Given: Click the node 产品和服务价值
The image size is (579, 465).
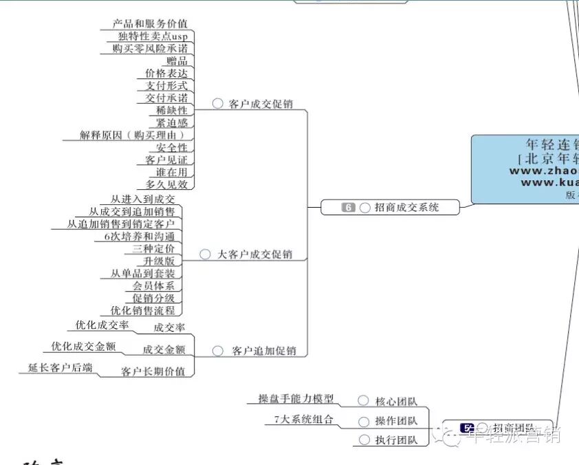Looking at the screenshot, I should tap(150, 24).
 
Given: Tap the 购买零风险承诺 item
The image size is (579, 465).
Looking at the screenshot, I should tap(150, 49).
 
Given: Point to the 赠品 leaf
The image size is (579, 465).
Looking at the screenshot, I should tap(177, 61).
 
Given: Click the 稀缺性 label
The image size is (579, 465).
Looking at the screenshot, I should tap(172, 110).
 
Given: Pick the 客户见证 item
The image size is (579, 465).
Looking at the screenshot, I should tap(166, 160).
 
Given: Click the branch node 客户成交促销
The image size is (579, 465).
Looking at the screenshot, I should tap(261, 104).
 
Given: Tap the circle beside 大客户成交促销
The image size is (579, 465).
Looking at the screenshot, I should tap(205, 255).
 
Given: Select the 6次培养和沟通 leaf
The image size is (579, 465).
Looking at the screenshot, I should tap(139, 237).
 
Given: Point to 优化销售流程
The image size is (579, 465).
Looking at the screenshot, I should tap(142, 310).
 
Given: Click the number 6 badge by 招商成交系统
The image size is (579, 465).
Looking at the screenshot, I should tap(349, 207).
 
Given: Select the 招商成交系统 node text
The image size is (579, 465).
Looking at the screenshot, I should tap(406, 207).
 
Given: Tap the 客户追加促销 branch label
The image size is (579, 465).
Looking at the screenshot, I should tap(264, 351).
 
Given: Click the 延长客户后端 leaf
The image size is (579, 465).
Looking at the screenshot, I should tap(61, 368).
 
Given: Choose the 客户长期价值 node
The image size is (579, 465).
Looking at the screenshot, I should tap(153, 371).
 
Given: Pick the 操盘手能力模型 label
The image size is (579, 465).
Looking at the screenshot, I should tap(296, 399).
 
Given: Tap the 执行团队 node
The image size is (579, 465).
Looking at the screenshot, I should tap(396, 440).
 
